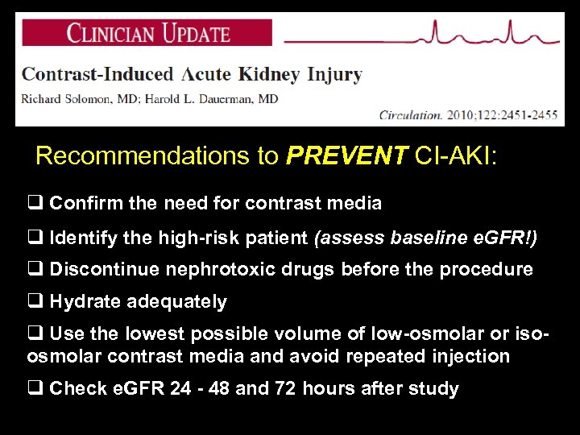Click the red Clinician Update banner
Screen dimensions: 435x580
(147, 33)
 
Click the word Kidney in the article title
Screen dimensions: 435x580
(269, 75)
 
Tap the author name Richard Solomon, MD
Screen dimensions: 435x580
(75, 99)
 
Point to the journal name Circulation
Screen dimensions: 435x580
(411, 115)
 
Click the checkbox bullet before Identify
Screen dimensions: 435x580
(35, 237)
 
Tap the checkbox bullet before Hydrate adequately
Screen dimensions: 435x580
(35, 302)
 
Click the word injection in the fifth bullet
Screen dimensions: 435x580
(470, 356)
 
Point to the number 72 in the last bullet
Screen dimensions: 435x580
(285, 389)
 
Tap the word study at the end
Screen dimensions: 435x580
(436, 389)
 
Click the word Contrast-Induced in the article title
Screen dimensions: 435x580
(97, 75)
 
